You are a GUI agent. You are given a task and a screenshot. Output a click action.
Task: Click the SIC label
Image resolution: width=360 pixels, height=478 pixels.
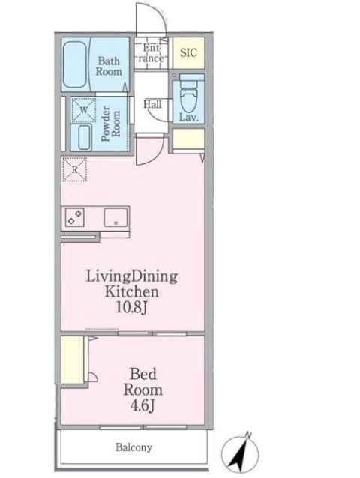188,52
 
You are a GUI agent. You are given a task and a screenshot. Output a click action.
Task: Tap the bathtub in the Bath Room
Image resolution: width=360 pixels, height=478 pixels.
75,65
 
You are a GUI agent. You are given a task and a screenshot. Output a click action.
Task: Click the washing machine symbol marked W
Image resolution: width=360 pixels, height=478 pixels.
83,110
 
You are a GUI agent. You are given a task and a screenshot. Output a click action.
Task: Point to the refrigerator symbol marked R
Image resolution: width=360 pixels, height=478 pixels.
74,169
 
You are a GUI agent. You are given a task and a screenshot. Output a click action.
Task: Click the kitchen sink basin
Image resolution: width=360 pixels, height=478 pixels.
115,217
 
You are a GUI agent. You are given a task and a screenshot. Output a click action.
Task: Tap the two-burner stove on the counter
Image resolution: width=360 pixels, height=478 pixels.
75,217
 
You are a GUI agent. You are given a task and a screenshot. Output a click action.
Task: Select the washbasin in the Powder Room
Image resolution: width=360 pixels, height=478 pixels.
84,138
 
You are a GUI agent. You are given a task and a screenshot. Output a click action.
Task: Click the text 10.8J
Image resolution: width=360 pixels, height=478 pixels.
132,308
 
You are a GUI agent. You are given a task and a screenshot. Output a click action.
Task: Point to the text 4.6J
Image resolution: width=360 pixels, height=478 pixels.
142,405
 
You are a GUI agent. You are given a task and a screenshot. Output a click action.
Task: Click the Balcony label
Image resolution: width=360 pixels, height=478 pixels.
133,447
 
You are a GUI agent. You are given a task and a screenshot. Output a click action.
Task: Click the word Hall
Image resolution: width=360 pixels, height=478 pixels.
152,105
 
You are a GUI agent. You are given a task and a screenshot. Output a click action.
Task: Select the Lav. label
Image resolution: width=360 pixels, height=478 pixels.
188,118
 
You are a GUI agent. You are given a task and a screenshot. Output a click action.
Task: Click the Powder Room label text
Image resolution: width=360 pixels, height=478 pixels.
110,124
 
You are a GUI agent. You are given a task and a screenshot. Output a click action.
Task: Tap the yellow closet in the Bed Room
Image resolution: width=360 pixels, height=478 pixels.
73,360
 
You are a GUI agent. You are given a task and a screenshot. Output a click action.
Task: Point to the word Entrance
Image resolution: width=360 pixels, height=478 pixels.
151,52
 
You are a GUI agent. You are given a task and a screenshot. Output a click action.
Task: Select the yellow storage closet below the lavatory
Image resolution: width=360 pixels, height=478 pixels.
188,139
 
